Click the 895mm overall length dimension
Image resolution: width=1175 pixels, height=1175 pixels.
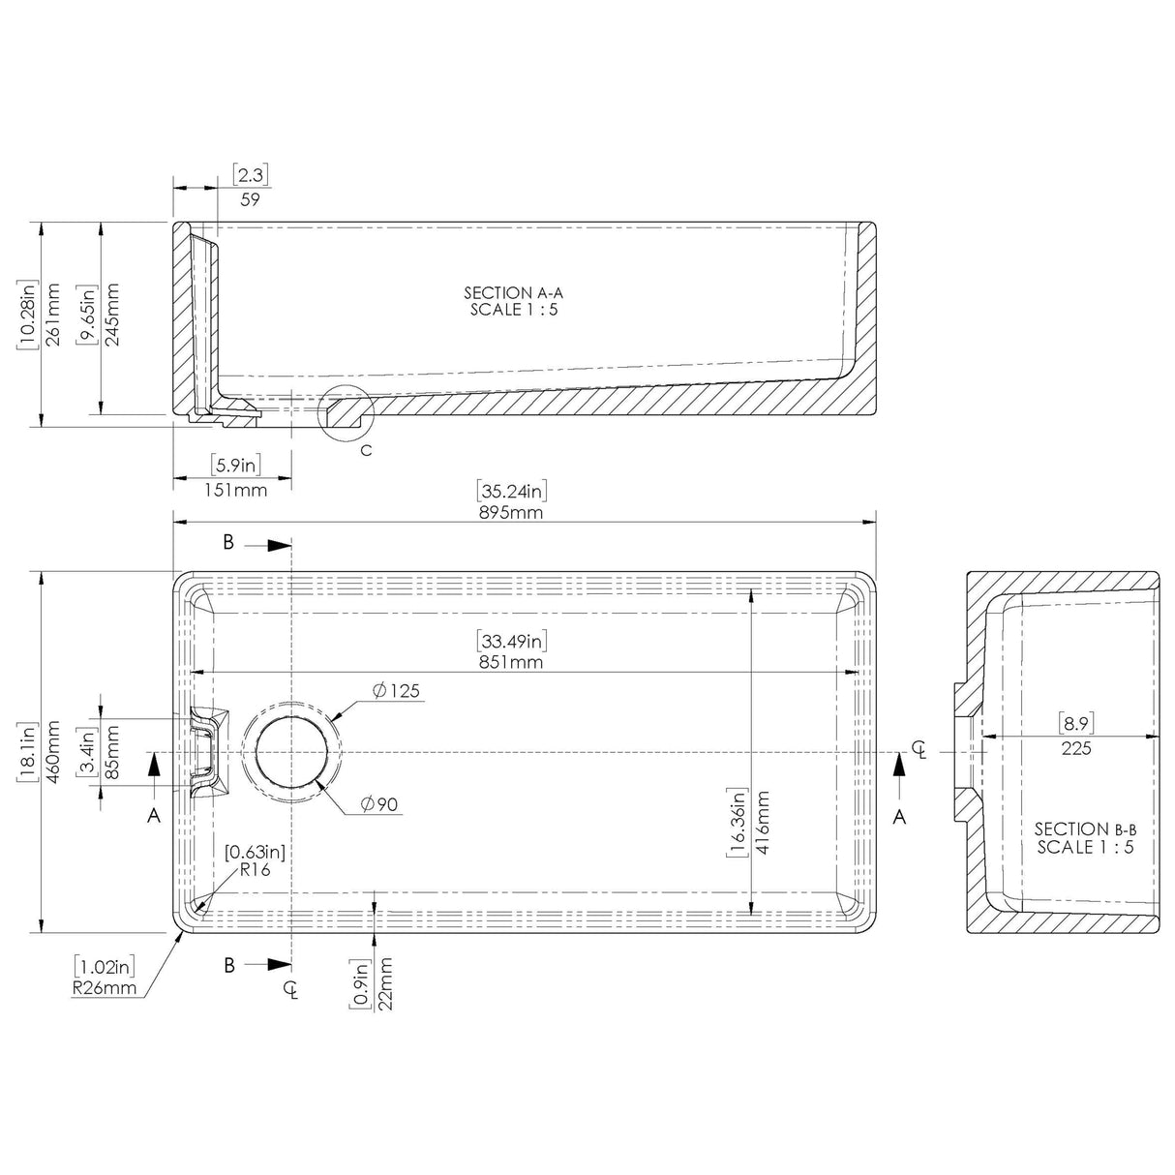[x=513, y=513]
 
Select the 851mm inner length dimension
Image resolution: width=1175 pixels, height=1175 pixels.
[x=513, y=663]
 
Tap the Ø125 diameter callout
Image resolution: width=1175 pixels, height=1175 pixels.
[x=396, y=691]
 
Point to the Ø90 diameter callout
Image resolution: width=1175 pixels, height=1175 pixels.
[x=380, y=804]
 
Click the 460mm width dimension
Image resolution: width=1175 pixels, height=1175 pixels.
[x=54, y=752]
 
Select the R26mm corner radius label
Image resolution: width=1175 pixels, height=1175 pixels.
[x=105, y=988]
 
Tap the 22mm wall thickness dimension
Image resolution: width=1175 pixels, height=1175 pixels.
[x=387, y=983]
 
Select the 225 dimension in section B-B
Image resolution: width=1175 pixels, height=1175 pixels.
[x=1075, y=748]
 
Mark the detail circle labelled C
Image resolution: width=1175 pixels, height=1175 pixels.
[x=346, y=414]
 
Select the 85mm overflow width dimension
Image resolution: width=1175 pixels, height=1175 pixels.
[x=113, y=753]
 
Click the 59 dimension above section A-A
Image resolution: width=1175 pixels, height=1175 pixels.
[x=250, y=199]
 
